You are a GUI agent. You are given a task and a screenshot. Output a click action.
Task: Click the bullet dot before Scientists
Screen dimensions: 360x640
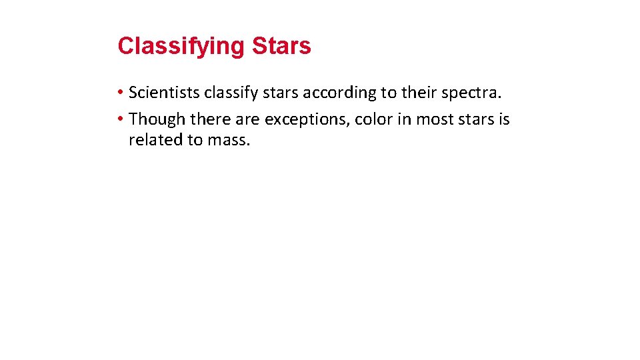121,92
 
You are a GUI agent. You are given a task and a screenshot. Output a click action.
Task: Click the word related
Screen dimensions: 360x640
152,139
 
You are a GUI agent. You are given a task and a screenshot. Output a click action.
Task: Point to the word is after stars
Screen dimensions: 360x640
503,119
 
